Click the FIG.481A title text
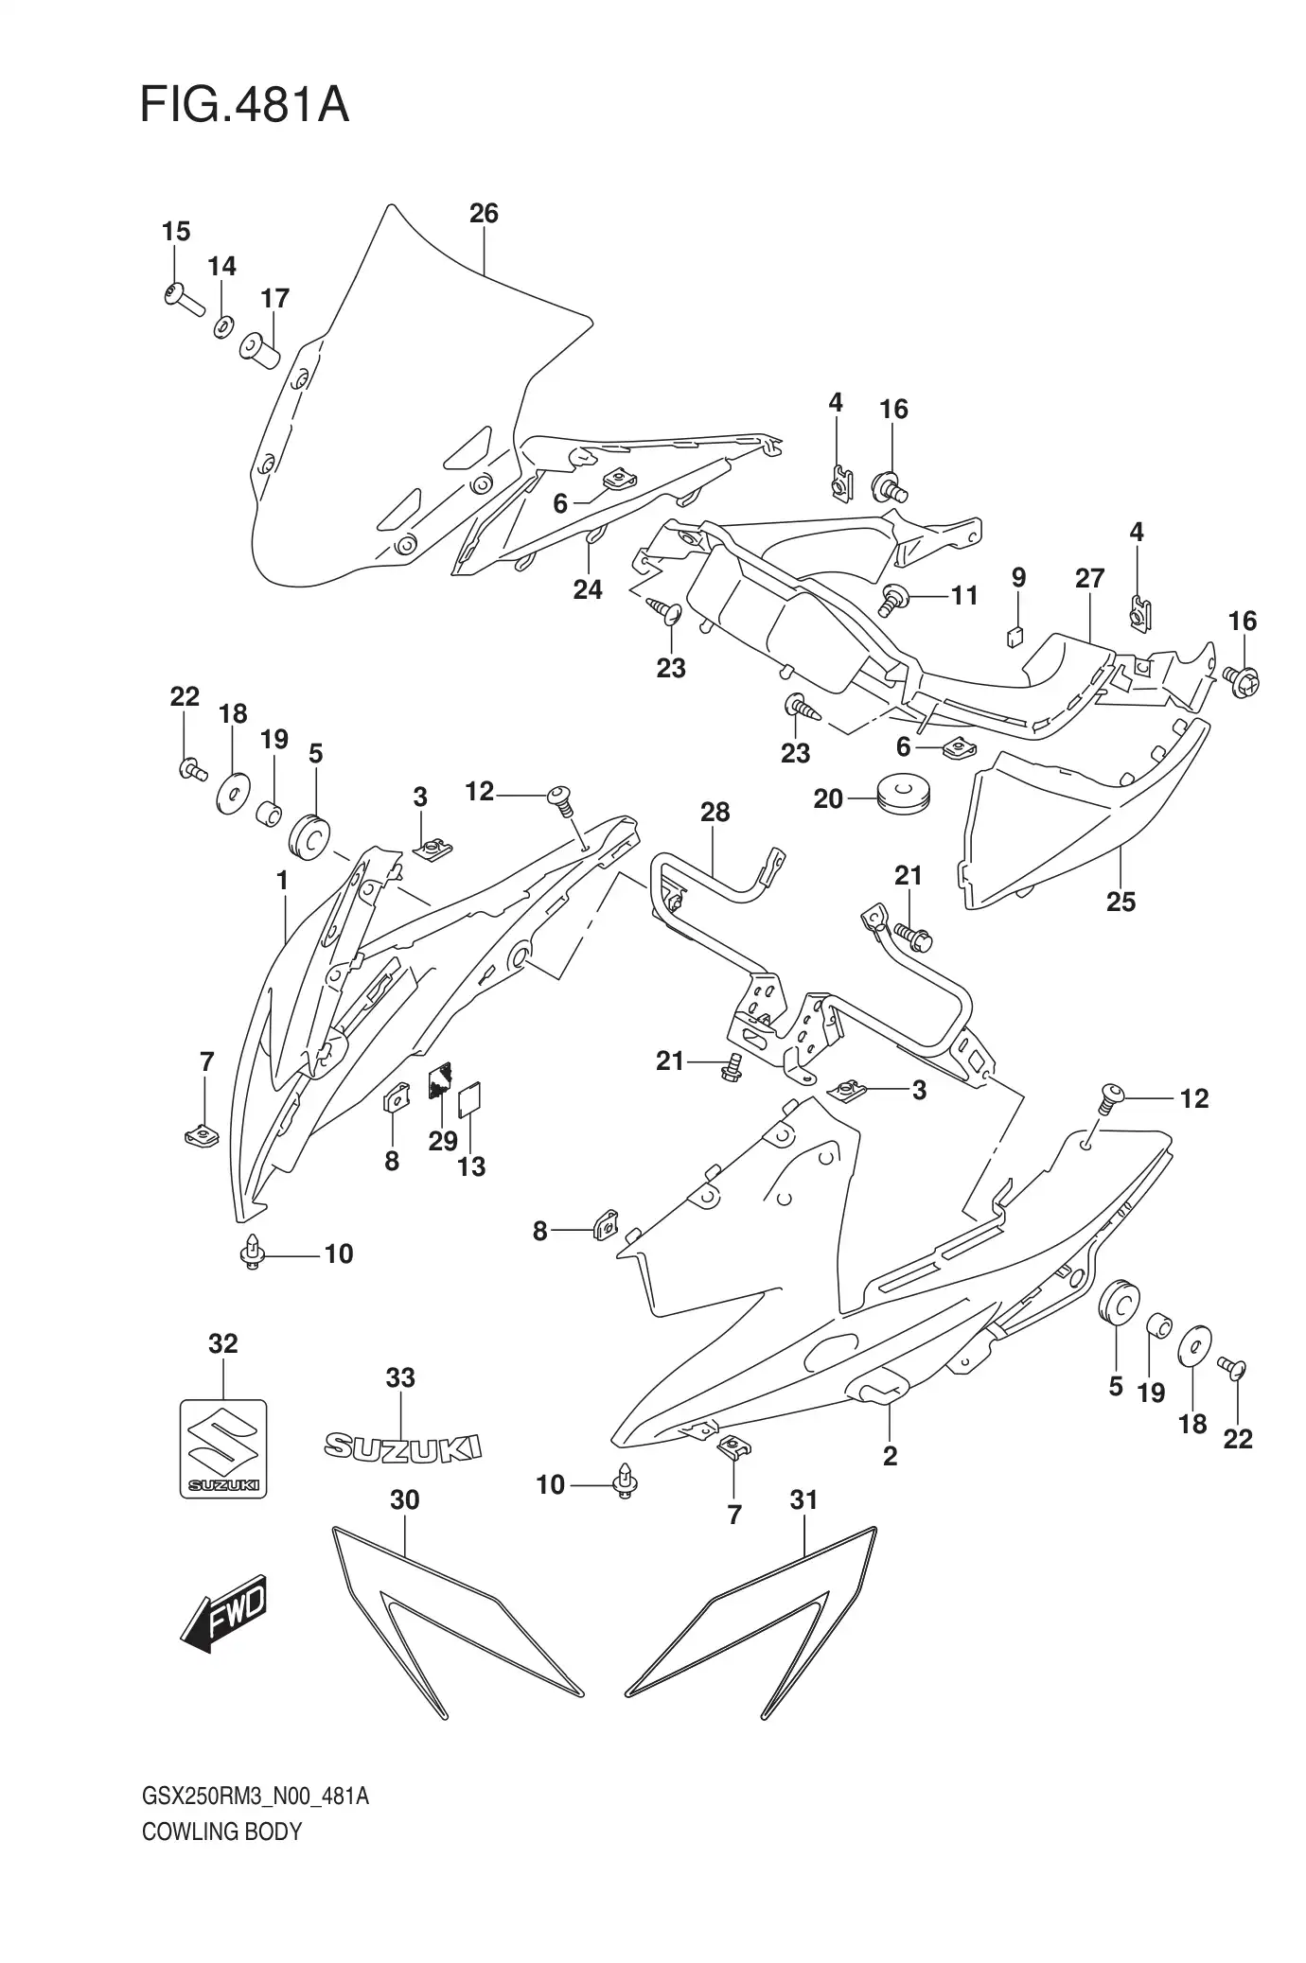[x=244, y=106]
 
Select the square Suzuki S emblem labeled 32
[x=223, y=1447]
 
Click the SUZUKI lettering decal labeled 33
[x=402, y=1446]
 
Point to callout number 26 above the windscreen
[x=484, y=214]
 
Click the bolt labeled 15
[x=184, y=299]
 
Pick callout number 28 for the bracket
[x=715, y=813]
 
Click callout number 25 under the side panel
[x=1121, y=902]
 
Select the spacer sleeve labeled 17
[x=262, y=351]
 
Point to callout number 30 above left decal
[x=404, y=1500]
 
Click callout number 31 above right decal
[x=803, y=1500]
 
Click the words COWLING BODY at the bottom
[x=221, y=1832]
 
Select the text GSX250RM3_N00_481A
[x=255, y=1796]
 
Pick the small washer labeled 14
[x=222, y=326]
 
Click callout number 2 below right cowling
[x=890, y=1456]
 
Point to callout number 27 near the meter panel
[x=1089, y=578]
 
